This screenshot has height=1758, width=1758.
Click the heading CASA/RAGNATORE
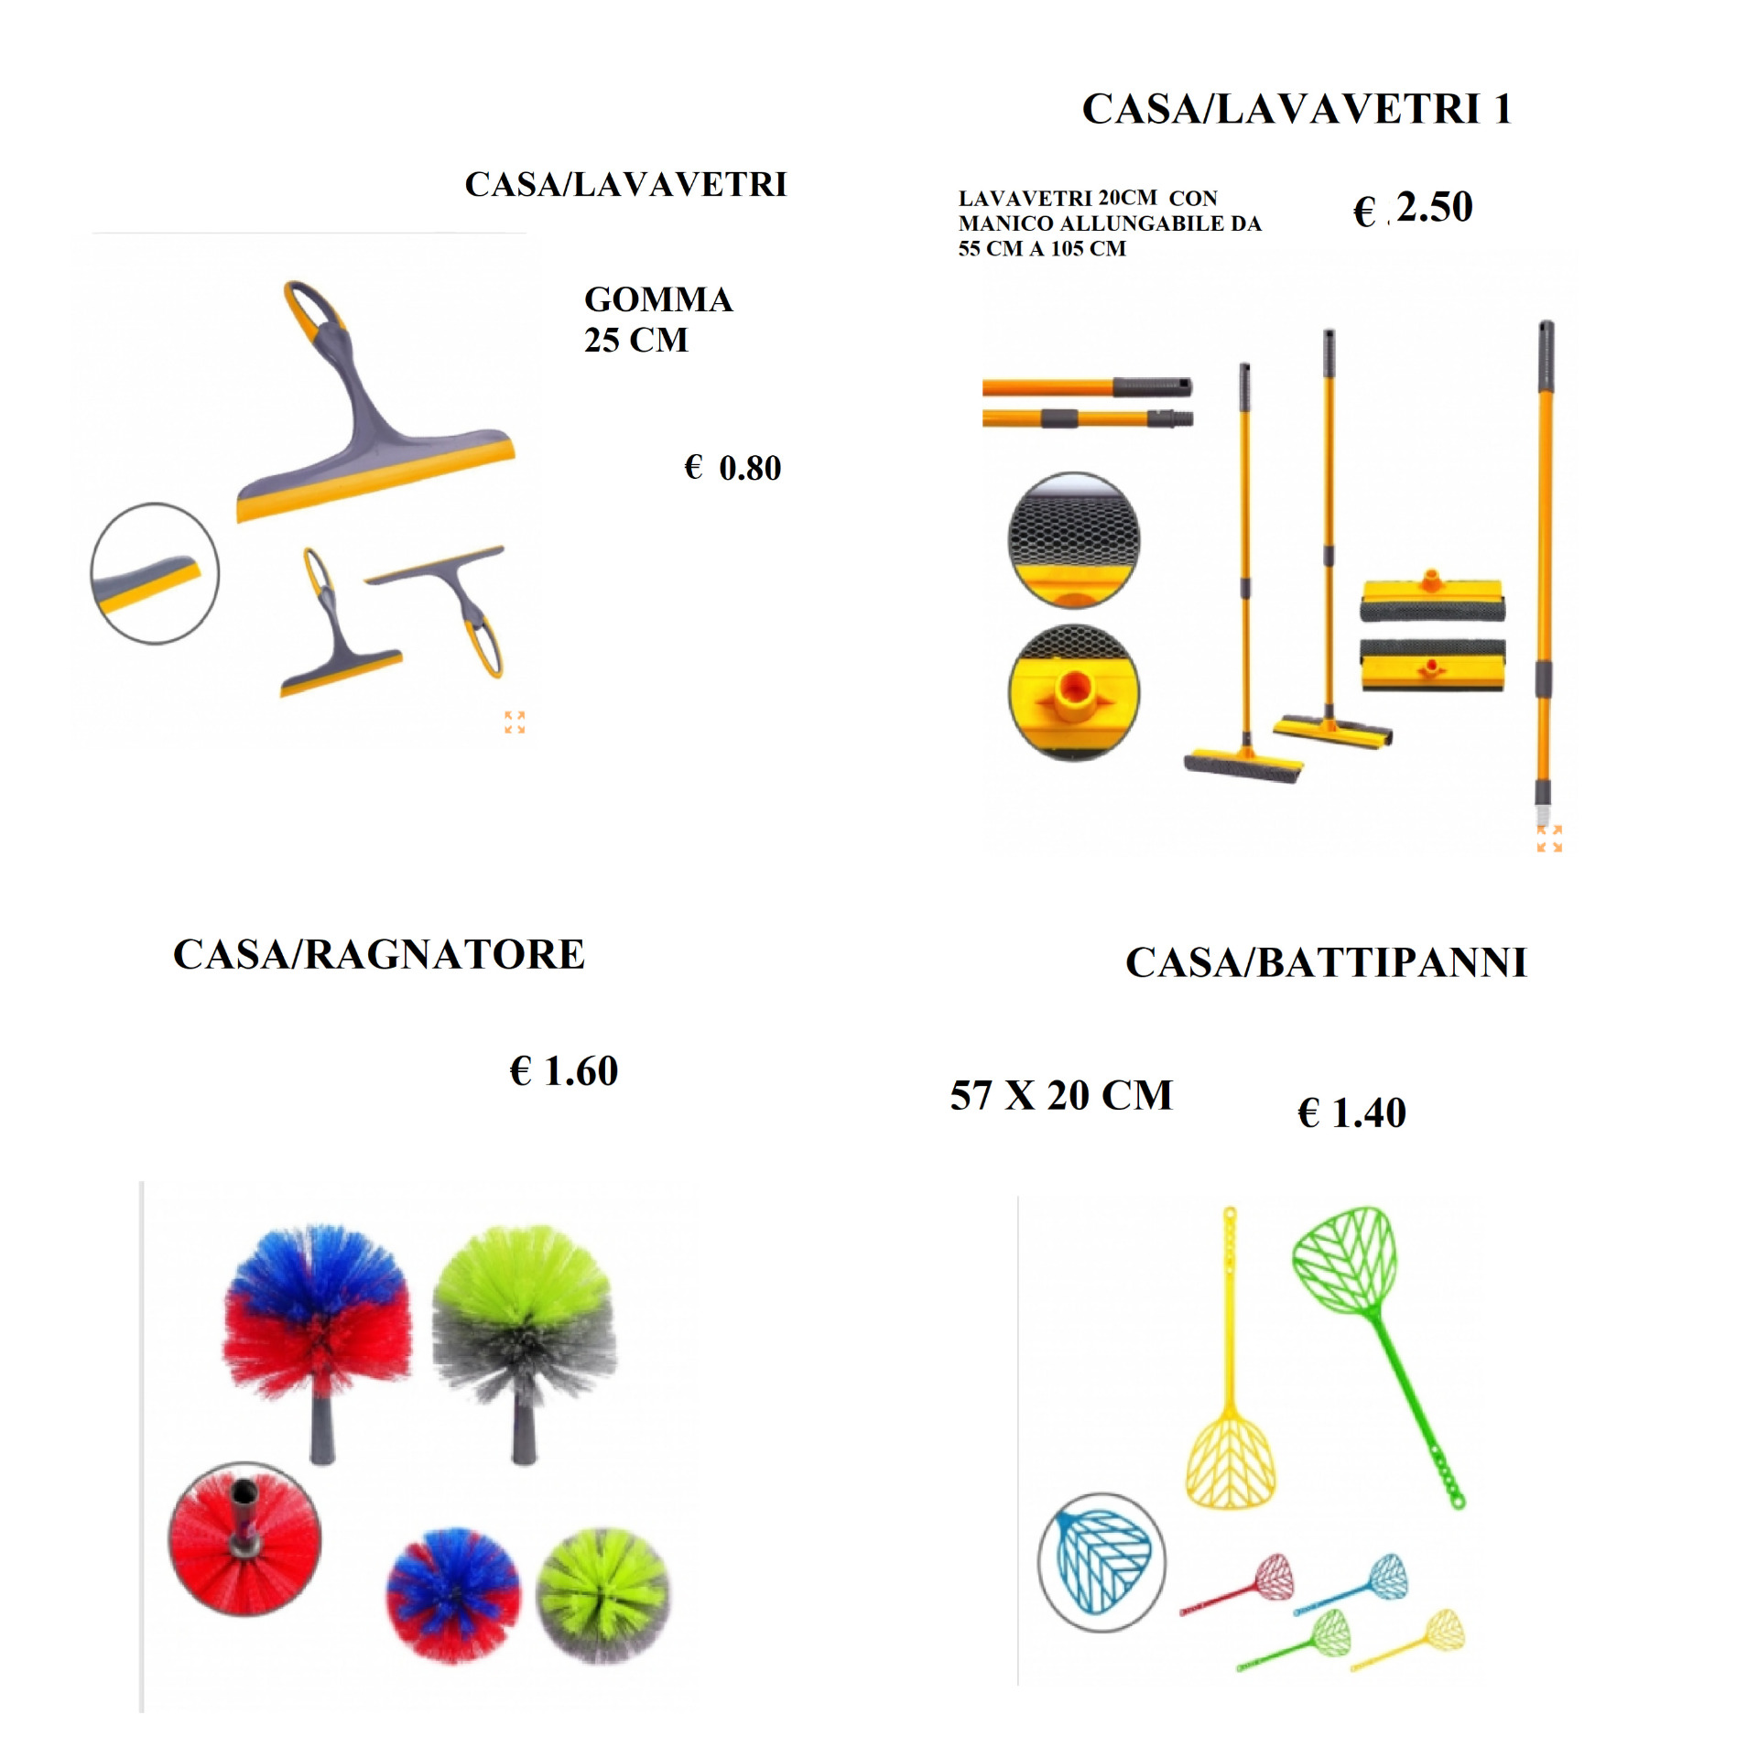click(x=379, y=955)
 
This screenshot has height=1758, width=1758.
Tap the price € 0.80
click(x=732, y=468)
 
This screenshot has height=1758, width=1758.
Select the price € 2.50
click(x=1413, y=208)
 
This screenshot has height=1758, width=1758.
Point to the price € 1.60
click(x=564, y=1070)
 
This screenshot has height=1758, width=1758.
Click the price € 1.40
click(x=1352, y=1112)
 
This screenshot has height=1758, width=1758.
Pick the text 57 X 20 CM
click(x=1061, y=1095)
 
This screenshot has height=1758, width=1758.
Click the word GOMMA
click(x=658, y=299)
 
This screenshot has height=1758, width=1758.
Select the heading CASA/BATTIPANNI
click(x=1327, y=962)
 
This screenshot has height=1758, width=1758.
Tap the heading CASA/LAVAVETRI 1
click(x=1297, y=109)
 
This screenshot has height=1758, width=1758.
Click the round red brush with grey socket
click(x=245, y=1540)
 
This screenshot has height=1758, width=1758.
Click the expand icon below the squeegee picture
click(x=515, y=722)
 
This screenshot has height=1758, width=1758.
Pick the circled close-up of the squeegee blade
click(x=155, y=573)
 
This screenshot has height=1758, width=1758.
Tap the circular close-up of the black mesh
click(x=1074, y=539)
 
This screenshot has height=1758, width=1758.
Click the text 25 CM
click(x=636, y=341)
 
